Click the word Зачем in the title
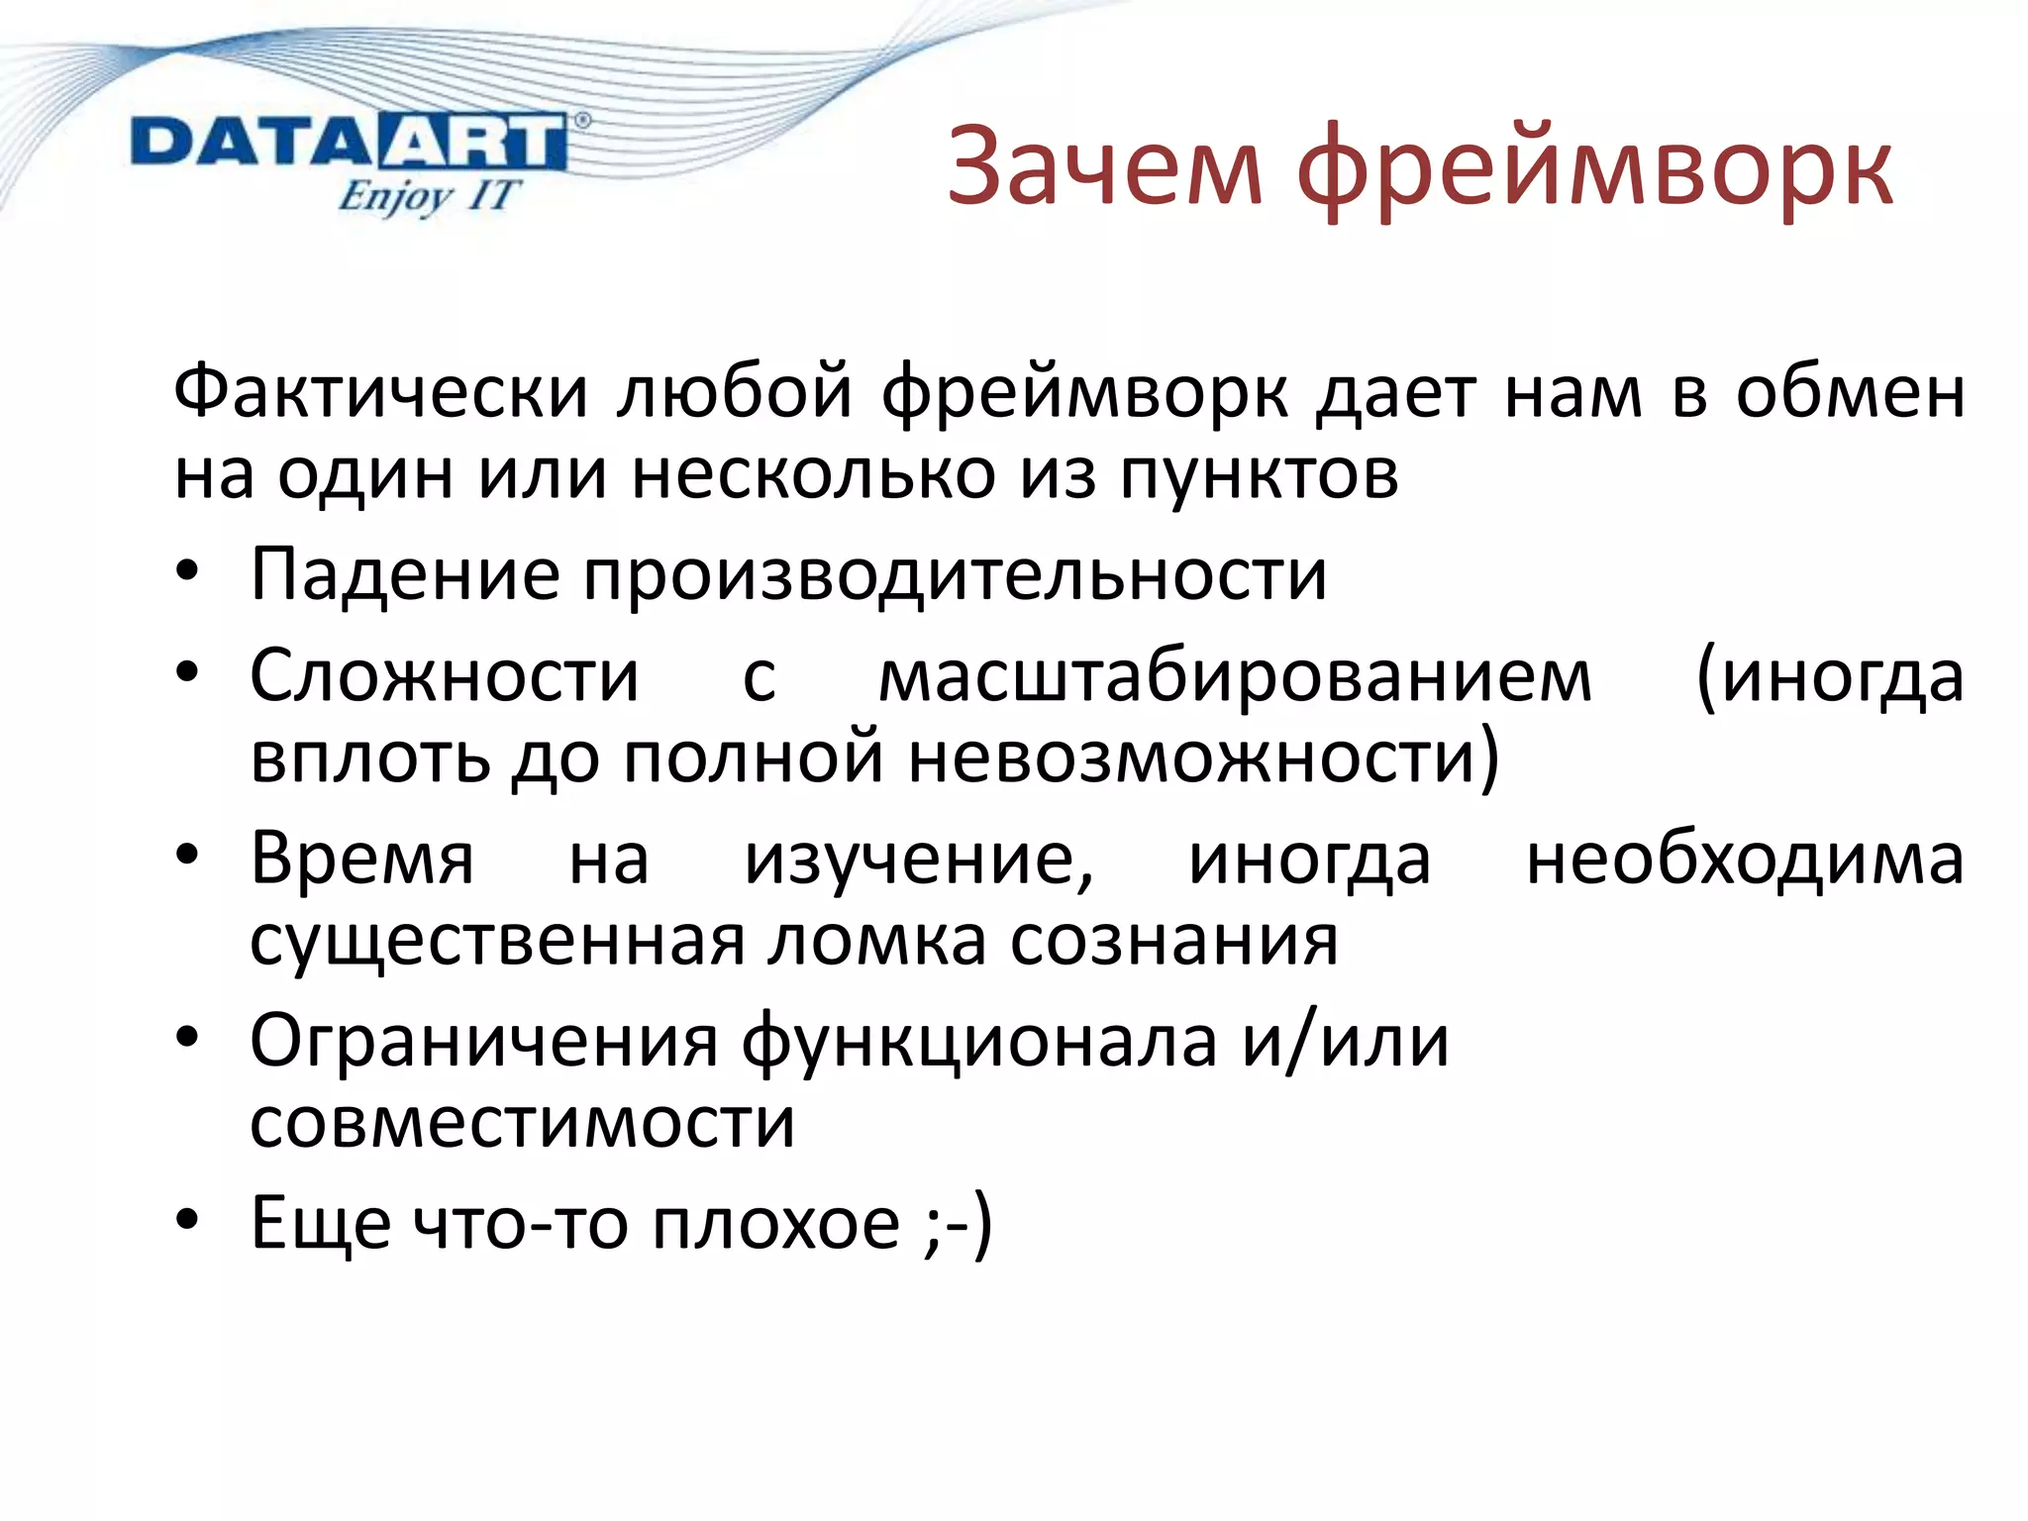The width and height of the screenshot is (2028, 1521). point(1105,167)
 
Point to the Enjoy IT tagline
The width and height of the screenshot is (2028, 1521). point(427,195)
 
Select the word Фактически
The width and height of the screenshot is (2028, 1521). point(381,392)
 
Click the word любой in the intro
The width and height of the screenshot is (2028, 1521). point(734,392)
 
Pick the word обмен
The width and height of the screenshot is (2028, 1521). point(1850,392)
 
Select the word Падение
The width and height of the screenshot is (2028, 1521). point(405,574)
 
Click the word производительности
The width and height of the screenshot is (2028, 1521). point(955,574)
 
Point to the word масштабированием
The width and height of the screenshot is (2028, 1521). point(1236,677)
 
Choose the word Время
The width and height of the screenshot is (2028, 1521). point(362,858)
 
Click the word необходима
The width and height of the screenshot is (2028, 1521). point(1745,858)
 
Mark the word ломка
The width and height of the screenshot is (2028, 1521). point(876,940)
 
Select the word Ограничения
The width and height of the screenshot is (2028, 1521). point(484,1042)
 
